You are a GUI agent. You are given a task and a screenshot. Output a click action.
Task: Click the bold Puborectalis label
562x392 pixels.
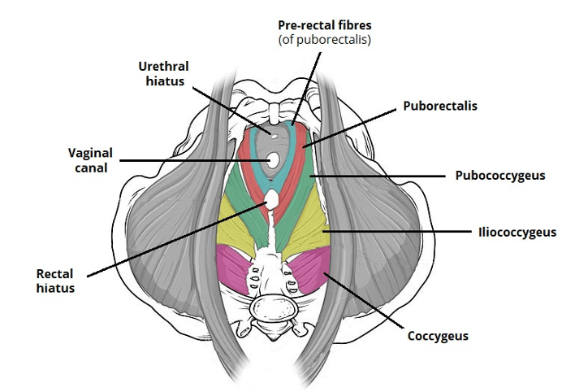click(x=439, y=106)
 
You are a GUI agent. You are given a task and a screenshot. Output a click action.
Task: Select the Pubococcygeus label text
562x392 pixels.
click(x=491, y=175)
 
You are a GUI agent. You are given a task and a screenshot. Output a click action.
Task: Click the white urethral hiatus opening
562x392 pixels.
click(x=274, y=134)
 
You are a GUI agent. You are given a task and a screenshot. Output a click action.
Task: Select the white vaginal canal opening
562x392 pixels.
click(x=274, y=160)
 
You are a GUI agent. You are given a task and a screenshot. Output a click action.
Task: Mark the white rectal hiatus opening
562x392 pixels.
click(x=273, y=197)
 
